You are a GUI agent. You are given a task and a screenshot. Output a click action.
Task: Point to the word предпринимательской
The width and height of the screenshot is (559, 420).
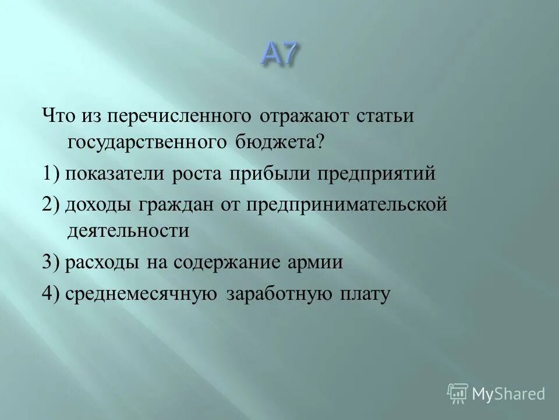(344, 204)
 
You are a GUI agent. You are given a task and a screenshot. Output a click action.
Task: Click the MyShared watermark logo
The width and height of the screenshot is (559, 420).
(496, 393)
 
